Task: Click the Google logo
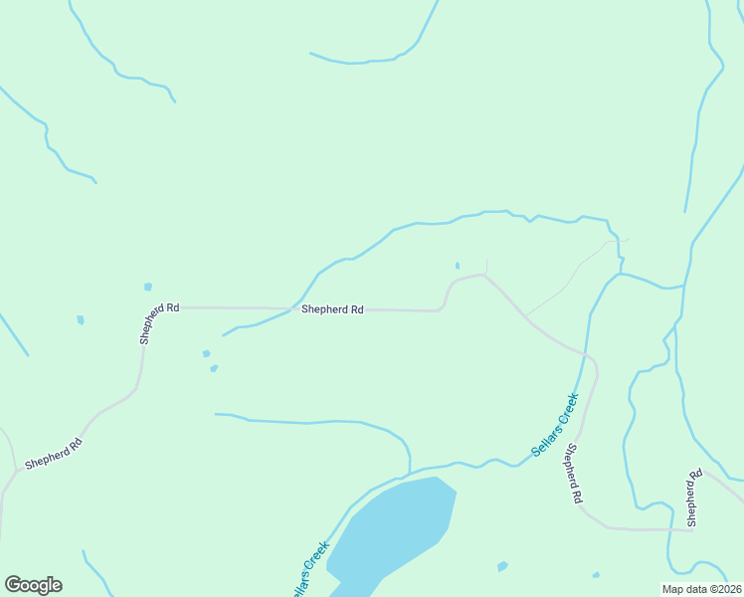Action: [x=33, y=585]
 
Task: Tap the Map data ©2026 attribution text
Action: [x=701, y=589]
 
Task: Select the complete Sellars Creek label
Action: [x=555, y=425]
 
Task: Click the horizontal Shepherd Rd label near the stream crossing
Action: [x=332, y=309]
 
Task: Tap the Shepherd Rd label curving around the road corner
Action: [x=159, y=323]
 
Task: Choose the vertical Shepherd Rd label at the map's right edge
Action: [x=694, y=497]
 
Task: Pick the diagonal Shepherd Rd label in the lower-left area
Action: [x=53, y=453]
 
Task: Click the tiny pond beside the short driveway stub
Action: [x=458, y=266]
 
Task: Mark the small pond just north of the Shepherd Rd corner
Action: [x=148, y=287]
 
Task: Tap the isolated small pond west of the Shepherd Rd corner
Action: [x=81, y=320]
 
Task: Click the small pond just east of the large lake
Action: [x=502, y=566]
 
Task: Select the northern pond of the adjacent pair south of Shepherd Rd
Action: [x=206, y=353]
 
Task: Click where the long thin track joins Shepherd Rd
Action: [x=525, y=315]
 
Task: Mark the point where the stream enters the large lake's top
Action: [x=409, y=476]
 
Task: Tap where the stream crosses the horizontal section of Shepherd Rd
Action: [x=290, y=308]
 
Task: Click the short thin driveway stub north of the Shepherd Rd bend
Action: [x=486, y=266]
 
